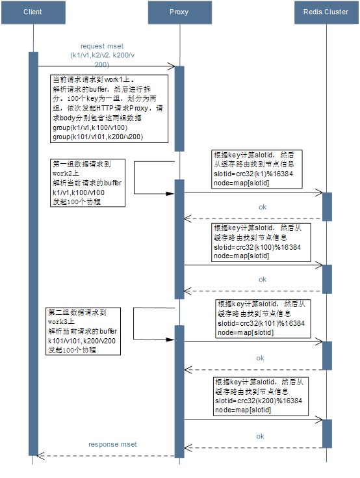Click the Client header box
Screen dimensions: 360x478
click(x=33, y=12)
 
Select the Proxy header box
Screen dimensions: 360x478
click(x=180, y=12)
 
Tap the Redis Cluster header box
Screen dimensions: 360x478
click(x=326, y=12)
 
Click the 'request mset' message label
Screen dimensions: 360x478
click(x=102, y=46)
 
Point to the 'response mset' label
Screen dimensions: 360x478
click(x=112, y=444)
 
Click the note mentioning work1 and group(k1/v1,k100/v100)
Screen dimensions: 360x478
click(x=109, y=109)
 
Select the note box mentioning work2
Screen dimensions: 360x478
click(x=88, y=183)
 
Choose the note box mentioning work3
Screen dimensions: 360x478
click(x=83, y=331)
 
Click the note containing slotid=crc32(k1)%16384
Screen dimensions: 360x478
click(x=257, y=169)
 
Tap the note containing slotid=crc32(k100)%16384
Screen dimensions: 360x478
click(x=261, y=242)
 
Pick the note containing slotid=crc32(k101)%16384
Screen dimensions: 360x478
click(x=263, y=319)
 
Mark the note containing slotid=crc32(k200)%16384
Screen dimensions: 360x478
click(x=261, y=396)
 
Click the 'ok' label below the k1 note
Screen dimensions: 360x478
click(x=263, y=207)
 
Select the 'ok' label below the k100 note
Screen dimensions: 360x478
click(x=263, y=279)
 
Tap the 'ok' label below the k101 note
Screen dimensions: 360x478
click(x=260, y=358)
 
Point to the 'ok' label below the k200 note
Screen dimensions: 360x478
click(x=260, y=436)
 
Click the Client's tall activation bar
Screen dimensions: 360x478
click(x=33, y=254)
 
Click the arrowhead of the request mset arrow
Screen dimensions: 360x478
click(x=172, y=66)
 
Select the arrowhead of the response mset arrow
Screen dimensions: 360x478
click(x=40, y=456)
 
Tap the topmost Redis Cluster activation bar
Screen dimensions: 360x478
click(x=327, y=207)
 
